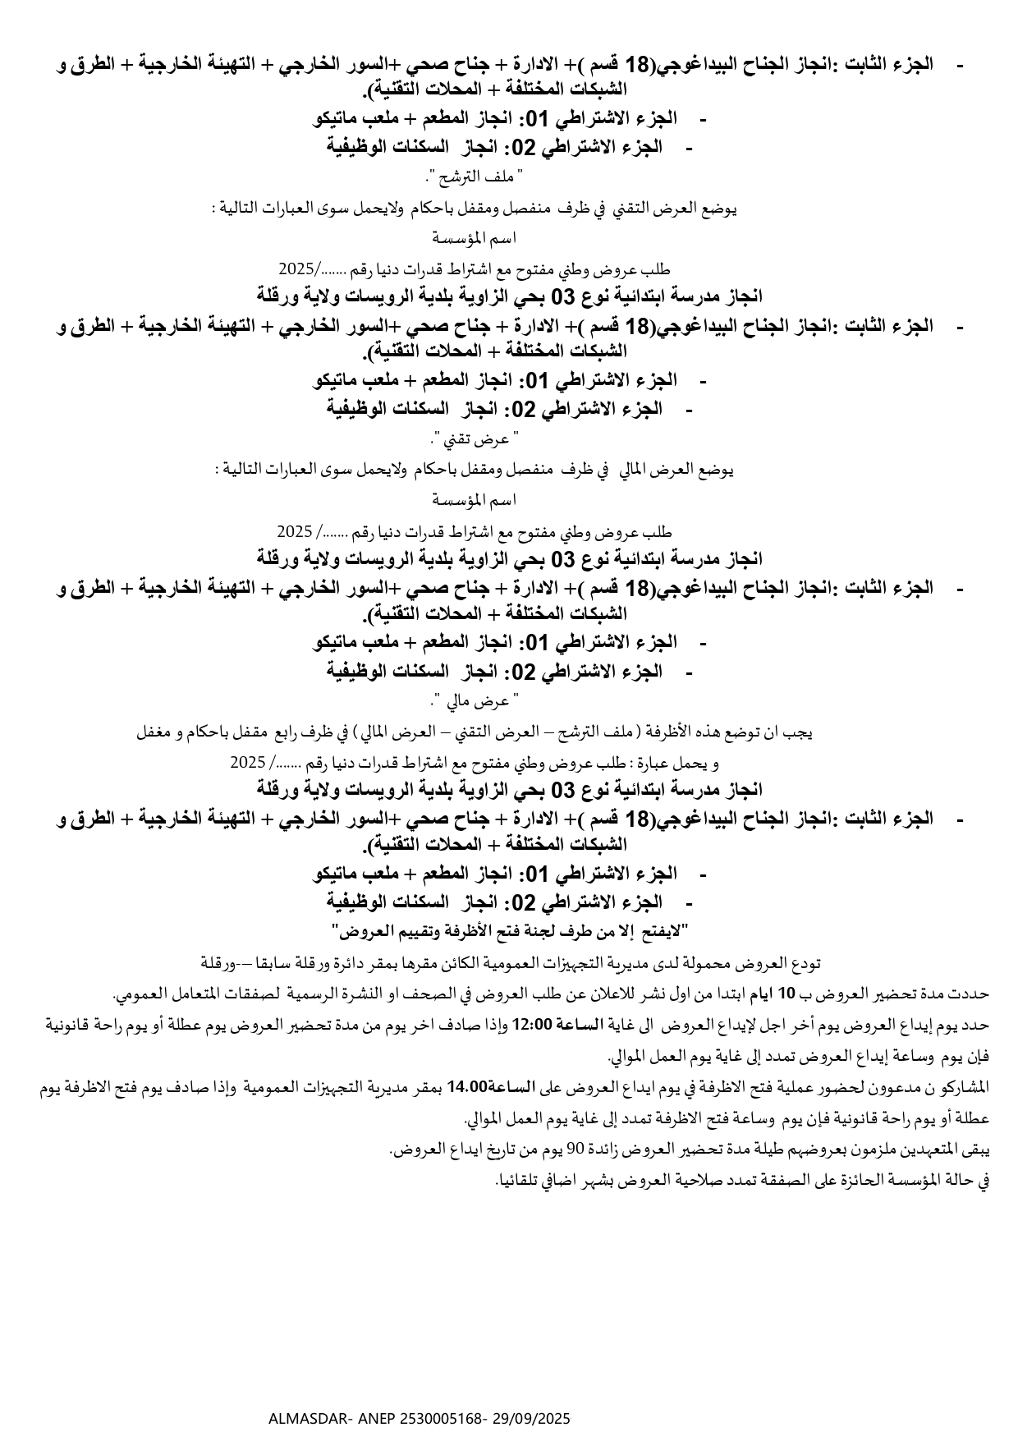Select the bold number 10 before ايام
[786, 994]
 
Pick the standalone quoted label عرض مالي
[475, 702]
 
